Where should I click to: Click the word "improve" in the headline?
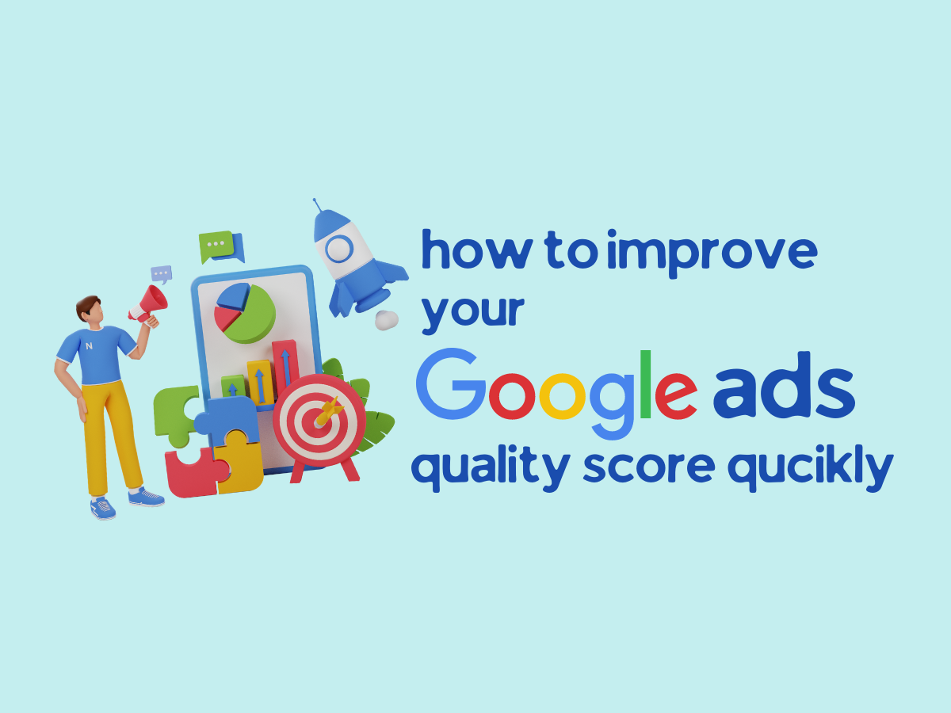(712, 254)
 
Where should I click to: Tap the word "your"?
(473, 314)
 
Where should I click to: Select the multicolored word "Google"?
(557, 393)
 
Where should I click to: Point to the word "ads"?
(785, 385)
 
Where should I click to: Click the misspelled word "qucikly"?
(810, 470)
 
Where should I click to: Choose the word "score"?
(649, 467)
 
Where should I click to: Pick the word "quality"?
(491, 470)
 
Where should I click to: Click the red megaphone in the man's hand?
(149, 304)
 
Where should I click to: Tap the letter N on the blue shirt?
(89, 346)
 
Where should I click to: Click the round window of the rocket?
(339, 249)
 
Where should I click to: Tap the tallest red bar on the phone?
(285, 368)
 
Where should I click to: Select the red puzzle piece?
(196, 473)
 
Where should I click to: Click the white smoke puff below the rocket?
(387, 320)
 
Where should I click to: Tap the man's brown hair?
(86, 306)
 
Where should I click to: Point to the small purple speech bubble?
(162, 274)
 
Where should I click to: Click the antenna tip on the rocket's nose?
(315, 200)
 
